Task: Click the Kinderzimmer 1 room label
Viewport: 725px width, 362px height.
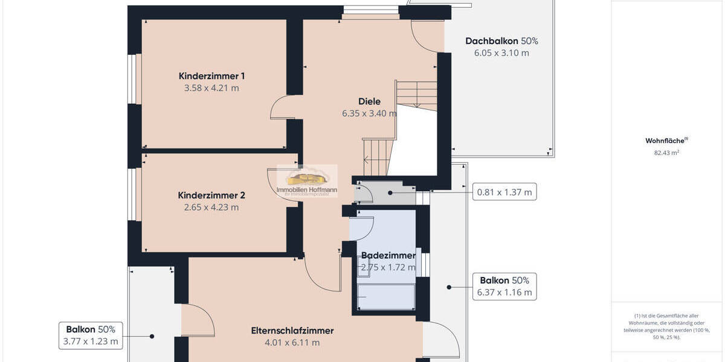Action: pyautogui.click(x=211, y=76)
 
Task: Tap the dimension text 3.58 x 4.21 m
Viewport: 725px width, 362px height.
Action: pyautogui.click(x=211, y=88)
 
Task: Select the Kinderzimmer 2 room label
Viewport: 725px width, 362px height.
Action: pyautogui.click(x=211, y=195)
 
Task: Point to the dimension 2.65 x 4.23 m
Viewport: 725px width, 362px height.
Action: pyautogui.click(x=211, y=208)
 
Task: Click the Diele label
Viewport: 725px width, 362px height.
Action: pyautogui.click(x=369, y=101)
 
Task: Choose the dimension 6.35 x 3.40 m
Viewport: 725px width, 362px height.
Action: pyautogui.click(x=369, y=113)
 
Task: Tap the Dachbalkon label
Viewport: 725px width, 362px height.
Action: pyautogui.click(x=492, y=41)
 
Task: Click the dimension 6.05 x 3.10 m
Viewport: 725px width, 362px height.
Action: pyautogui.click(x=501, y=53)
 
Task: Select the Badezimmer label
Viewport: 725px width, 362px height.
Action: pyautogui.click(x=388, y=256)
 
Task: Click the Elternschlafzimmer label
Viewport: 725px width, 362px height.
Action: pyautogui.click(x=292, y=331)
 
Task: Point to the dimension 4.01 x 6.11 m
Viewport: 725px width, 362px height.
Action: pyautogui.click(x=292, y=343)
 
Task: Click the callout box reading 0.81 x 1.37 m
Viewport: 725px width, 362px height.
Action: pyautogui.click(x=504, y=192)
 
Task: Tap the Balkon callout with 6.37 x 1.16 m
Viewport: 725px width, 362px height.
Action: pyautogui.click(x=504, y=287)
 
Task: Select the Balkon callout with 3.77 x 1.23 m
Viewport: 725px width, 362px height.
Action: pyautogui.click(x=91, y=335)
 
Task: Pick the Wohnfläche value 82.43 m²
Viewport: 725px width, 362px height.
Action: pyautogui.click(x=666, y=153)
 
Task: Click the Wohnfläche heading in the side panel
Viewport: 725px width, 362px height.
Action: pyautogui.click(x=666, y=141)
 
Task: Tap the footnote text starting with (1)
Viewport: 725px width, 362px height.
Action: pyautogui.click(x=667, y=326)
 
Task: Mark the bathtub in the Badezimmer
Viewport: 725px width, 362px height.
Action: pyautogui.click(x=385, y=297)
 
